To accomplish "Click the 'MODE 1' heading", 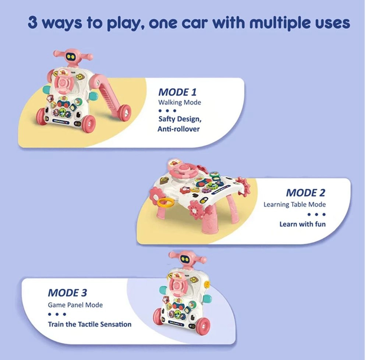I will coord(177,92).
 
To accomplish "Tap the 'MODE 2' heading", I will coord(305,193).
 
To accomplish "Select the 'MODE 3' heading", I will coord(67,293).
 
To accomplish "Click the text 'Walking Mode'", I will coord(180,102).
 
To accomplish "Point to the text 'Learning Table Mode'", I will coord(294,204).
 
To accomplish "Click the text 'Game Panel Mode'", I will coord(75,305).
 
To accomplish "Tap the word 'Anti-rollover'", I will coord(178,129).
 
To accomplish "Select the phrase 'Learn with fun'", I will coord(302,224).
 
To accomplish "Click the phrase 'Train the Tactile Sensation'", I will coord(89,324).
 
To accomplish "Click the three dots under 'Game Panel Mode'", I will coord(57,314).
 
